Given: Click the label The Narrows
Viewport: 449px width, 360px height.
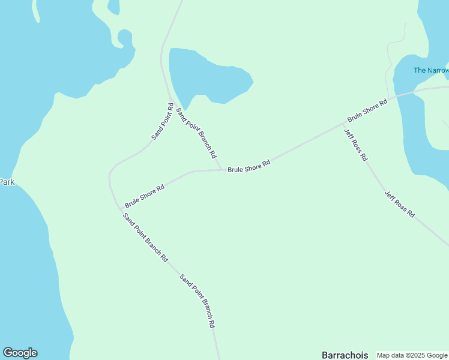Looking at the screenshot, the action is (x=431, y=70).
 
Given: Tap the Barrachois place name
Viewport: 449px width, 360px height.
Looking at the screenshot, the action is (x=345, y=355).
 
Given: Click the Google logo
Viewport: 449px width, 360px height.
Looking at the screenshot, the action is (x=20, y=353).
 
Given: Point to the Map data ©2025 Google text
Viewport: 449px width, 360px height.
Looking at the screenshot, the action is (x=412, y=355).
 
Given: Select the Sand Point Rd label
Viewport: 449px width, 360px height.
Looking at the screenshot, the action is (x=163, y=122).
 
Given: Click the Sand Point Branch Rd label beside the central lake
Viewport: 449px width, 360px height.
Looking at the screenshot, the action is (x=196, y=132).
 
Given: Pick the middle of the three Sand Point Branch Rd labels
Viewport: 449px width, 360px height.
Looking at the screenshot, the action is (x=145, y=238).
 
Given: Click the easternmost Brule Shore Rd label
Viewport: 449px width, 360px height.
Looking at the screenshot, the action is (x=367, y=110).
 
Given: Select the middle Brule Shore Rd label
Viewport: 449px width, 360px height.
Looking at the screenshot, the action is (x=249, y=166).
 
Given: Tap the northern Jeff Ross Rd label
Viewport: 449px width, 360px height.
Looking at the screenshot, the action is (x=355, y=145).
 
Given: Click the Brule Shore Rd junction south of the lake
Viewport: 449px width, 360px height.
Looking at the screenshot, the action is (x=221, y=170).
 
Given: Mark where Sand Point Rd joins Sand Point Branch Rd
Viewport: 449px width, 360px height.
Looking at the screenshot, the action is (x=170, y=98).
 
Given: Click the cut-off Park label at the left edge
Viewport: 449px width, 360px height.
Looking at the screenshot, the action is (x=7, y=182).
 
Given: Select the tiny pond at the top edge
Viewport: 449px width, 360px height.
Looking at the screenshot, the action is (x=113, y=5).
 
